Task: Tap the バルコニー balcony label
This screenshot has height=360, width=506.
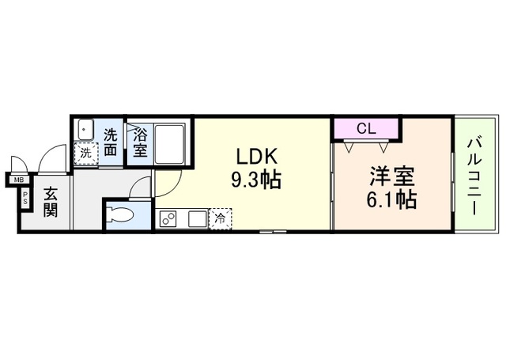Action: click(476, 175)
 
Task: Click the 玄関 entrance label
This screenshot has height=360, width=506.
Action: click(51, 201)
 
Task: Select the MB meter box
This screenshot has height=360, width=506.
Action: click(17, 180)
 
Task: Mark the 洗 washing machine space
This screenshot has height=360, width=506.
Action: click(85, 152)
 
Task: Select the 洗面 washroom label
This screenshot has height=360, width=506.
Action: click(111, 142)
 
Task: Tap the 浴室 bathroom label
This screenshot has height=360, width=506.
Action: click(139, 142)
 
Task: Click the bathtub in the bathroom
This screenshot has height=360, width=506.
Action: click(169, 142)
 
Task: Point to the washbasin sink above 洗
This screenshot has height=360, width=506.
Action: click(85, 130)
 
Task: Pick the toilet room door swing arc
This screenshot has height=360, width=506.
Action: click(141, 188)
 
